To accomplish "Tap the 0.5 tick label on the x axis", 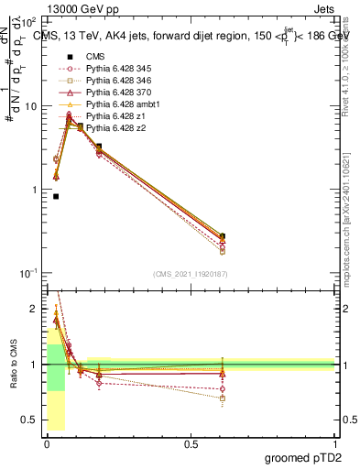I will pyautogui.click(x=190, y=444).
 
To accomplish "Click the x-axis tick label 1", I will pyautogui.click(x=334, y=444).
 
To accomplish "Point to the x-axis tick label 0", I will pyautogui.click(x=46, y=444).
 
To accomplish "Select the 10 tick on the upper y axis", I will pyautogui.click(x=30, y=106).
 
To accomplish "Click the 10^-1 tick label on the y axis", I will pyautogui.click(x=27, y=274).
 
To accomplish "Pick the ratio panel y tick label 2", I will pyautogui.click(x=35, y=309).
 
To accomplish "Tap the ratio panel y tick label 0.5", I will pyautogui.click(x=31, y=421).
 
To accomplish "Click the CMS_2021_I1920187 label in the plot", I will pyautogui.click(x=189, y=275).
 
